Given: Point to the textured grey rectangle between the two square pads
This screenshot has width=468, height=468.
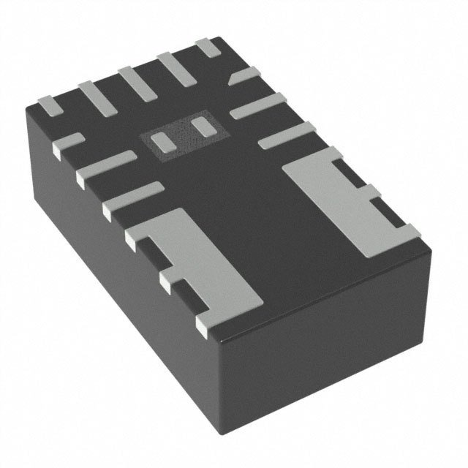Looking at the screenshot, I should pos(181,135).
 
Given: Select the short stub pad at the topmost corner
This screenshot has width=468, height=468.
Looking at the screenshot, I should pos(210,48).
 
